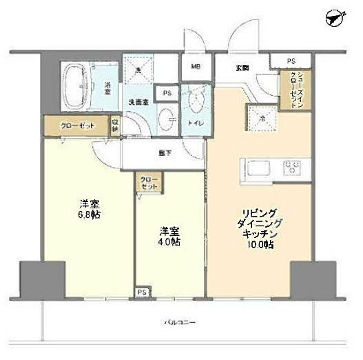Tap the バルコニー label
[180, 322]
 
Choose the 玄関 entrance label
[242, 66]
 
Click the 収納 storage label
[116, 125]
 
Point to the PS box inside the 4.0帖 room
[141, 291]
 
